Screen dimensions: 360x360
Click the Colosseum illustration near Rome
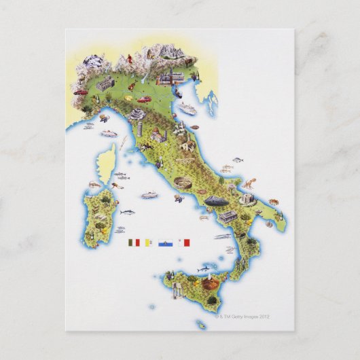tap(182, 181)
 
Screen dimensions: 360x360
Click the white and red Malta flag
tap(184, 242)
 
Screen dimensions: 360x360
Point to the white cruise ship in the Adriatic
tap(186, 107)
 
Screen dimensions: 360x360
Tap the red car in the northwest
tap(81, 91)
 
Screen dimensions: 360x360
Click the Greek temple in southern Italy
tap(228, 216)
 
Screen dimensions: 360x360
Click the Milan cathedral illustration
tap(105, 84)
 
